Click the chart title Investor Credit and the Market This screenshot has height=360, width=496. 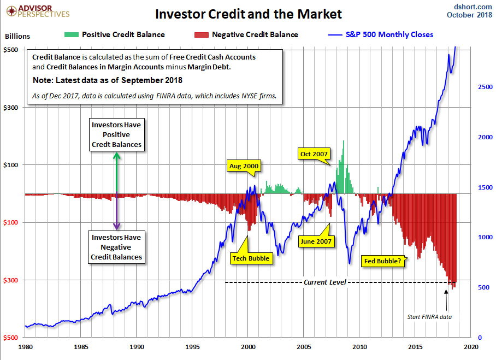pyautogui.click(x=249, y=14)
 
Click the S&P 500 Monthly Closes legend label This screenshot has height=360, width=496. pyautogui.click(x=389, y=34)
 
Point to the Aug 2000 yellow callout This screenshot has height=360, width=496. pyautogui.click(x=244, y=166)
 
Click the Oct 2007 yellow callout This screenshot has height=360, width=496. pyautogui.click(x=314, y=154)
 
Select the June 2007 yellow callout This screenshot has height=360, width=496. pyautogui.click(x=316, y=240)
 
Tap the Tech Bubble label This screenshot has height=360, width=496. pyautogui.click(x=251, y=258)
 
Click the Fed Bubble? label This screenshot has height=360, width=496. pyautogui.click(x=382, y=261)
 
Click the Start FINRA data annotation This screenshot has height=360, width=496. pyautogui.click(x=429, y=316)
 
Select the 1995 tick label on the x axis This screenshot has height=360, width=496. pyautogui.click(x=192, y=346)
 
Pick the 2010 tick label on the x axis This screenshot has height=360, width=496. pyautogui.click(x=359, y=346)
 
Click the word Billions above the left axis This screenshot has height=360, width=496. pyautogui.click(x=17, y=37)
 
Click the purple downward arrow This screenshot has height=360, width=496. pyautogui.click(x=116, y=213)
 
